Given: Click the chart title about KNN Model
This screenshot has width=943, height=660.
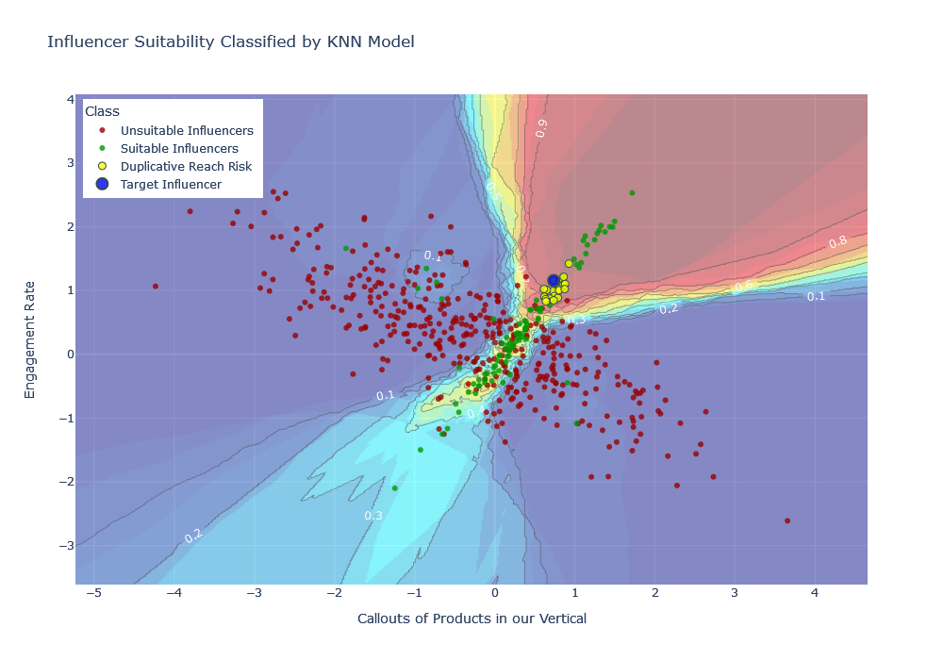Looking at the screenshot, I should (x=231, y=41).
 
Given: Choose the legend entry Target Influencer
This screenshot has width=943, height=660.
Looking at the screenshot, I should (x=171, y=184).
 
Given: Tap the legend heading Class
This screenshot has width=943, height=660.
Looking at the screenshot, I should (x=102, y=111).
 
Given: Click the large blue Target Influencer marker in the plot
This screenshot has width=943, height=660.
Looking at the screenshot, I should (x=554, y=281).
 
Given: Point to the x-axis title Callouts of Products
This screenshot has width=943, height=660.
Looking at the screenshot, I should (x=471, y=619).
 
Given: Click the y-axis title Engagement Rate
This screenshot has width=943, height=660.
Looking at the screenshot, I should (x=29, y=339).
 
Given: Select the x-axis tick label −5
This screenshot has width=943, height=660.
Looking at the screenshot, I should (x=93, y=592).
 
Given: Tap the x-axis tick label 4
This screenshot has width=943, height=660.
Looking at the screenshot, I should (x=815, y=592).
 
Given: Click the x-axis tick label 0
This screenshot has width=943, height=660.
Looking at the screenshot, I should (x=494, y=592).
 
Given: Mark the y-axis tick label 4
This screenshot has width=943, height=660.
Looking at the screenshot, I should (x=70, y=99).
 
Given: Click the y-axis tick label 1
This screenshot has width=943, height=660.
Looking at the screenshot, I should (x=70, y=290).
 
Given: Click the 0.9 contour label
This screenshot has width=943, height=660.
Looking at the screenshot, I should (x=540, y=129).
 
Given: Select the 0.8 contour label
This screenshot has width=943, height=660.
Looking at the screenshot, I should (x=837, y=242).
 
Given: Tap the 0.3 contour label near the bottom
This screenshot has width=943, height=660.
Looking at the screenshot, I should (x=373, y=516).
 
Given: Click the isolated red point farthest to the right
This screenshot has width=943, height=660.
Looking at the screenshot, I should (x=787, y=520).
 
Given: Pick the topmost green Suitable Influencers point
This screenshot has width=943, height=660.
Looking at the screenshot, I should (x=632, y=192).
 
